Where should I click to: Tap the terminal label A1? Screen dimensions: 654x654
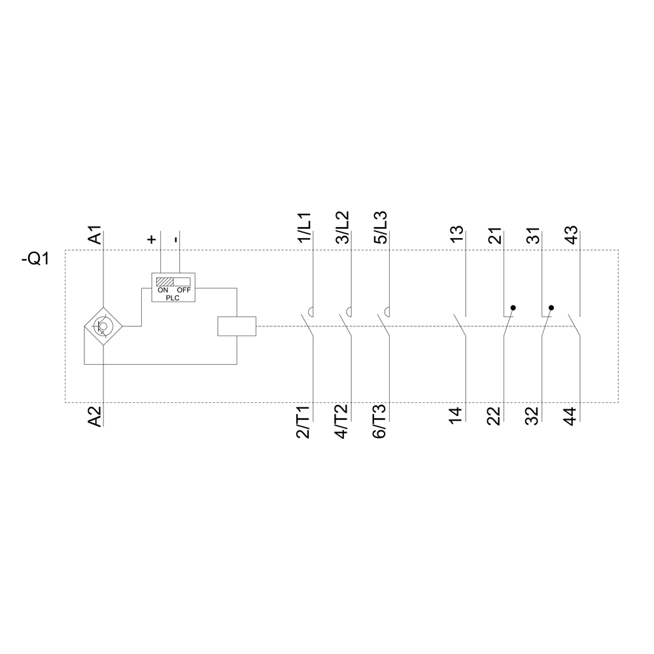[95, 235]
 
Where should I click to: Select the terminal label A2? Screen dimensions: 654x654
[95, 417]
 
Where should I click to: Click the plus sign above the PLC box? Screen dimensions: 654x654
[152, 239]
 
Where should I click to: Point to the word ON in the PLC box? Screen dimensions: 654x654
[162, 290]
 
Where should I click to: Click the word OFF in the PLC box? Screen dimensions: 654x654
[183, 290]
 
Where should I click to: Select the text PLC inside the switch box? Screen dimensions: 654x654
[173, 297]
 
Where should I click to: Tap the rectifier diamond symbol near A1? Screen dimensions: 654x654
[103, 326]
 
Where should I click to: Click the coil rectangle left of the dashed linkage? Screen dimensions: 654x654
[236, 326]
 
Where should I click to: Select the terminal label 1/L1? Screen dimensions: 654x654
[305, 228]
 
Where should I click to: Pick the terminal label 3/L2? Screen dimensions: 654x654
[343, 228]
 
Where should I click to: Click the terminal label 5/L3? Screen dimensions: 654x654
[381, 228]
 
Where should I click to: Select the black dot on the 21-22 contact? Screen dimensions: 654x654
[513, 307]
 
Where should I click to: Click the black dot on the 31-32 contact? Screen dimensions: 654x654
[551, 307]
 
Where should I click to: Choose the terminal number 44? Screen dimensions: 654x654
[570, 416]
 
